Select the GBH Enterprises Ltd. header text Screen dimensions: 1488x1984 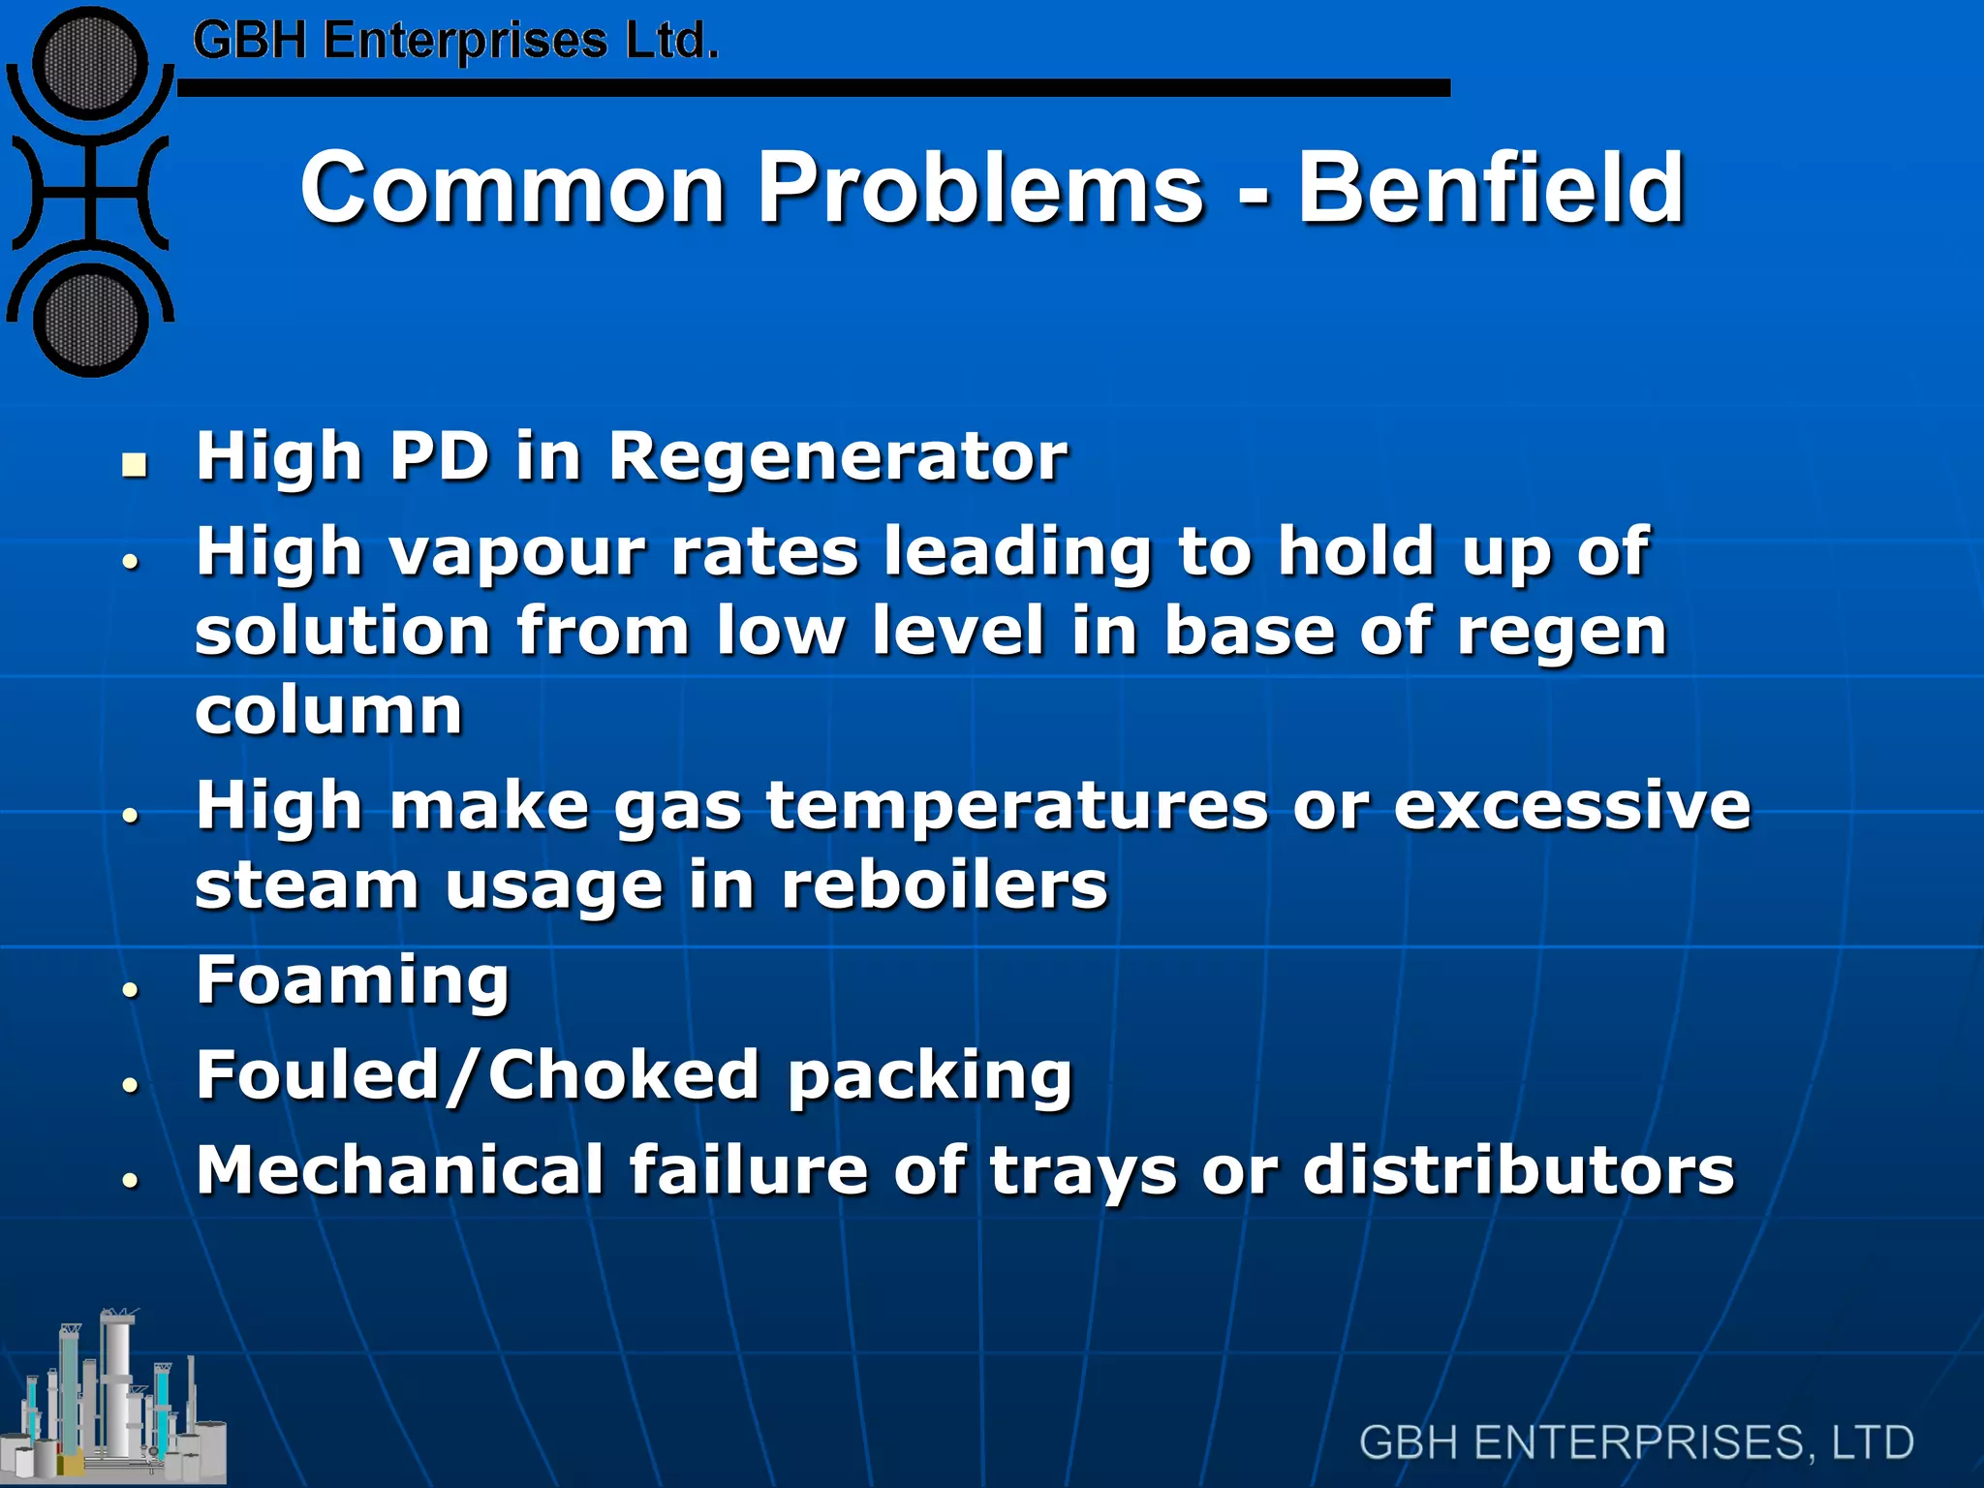(455, 42)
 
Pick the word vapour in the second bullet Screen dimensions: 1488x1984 (516, 552)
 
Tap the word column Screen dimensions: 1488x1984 (328, 711)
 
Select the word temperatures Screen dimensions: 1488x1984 (1017, 806)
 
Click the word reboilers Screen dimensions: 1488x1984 (945, 885)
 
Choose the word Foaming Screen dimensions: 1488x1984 (353, 980)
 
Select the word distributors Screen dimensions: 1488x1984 (1518, 1170)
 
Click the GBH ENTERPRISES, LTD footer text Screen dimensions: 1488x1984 (1636, 1442)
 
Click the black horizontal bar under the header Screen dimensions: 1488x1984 (814, 88)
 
